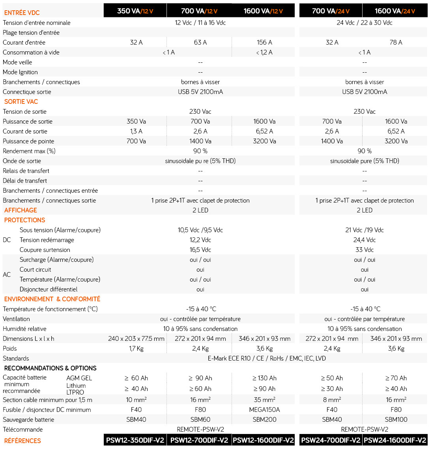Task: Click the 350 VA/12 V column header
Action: coord(135,11)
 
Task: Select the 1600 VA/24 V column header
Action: coord(395,11)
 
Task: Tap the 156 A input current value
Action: coord(264,42)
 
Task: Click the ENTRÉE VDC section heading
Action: coord(22,13)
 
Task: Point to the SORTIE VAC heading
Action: coord(21,101)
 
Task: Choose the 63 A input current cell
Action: coord(200,42)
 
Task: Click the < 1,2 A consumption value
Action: coord(264,52)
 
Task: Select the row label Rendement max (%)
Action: coord(29,151)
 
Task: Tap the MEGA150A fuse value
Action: coord(264,410)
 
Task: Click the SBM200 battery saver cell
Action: coord(264,419)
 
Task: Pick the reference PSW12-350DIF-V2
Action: coord(135,440)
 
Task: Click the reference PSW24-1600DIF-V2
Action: coord(395,440)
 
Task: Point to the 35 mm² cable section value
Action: coord(264,400)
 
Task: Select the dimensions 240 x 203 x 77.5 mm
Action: coord(136,338)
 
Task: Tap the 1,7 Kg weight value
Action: coord(136,348)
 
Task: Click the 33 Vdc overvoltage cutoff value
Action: coord(365,250)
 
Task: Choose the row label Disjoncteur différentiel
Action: coord(49,289)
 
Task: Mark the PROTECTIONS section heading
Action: coord(25,220)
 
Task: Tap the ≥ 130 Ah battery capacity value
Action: coord(264,378)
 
